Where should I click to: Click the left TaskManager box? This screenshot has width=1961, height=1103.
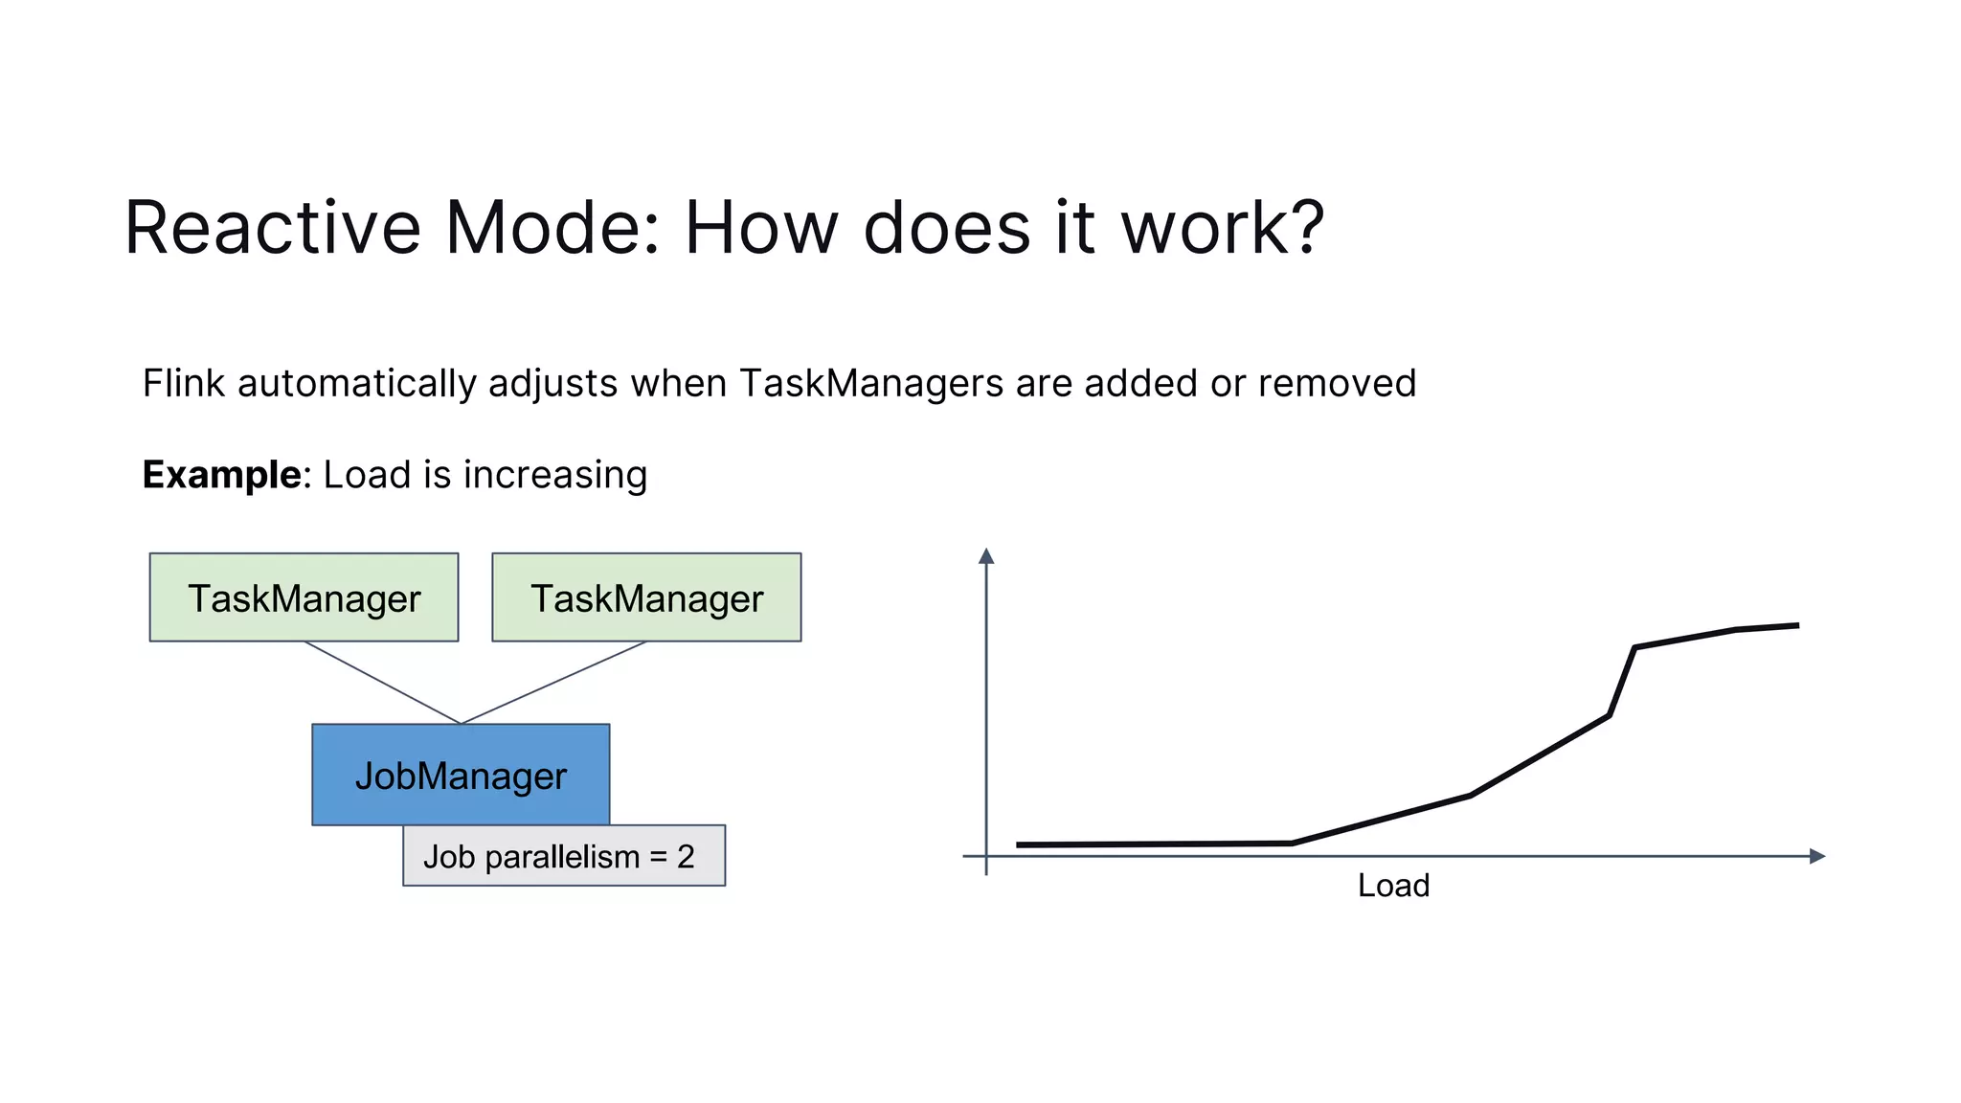304,597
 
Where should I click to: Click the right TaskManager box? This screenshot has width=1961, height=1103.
646,597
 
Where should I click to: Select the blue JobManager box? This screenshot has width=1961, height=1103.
461,774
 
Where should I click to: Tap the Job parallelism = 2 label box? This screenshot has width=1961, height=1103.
563,855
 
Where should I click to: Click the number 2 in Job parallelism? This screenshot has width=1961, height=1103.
686,856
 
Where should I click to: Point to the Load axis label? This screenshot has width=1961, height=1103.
1393,886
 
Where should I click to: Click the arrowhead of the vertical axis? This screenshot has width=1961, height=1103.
986,556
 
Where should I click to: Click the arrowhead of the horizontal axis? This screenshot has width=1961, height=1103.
1816,856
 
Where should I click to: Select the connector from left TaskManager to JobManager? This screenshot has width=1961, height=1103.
383,683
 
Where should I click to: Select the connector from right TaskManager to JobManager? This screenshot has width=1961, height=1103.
553,683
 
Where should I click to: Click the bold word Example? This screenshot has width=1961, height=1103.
222,475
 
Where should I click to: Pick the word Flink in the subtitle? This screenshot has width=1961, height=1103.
184,383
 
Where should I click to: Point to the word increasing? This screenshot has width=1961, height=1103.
555,475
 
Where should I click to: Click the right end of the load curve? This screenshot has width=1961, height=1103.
1796,626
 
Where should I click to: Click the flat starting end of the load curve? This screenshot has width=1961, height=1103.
1021,844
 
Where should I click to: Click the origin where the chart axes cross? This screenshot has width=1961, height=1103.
986,856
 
